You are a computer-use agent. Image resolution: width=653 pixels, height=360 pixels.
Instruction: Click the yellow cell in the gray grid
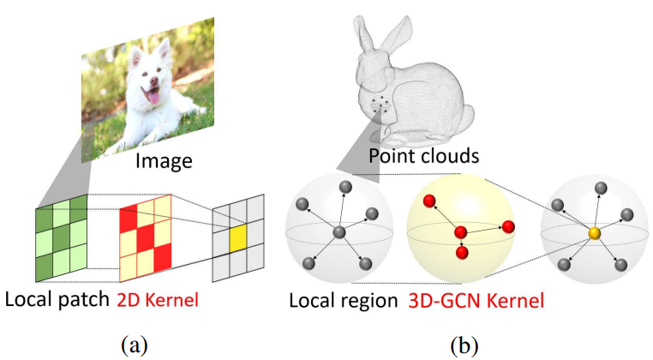tap(237, 233)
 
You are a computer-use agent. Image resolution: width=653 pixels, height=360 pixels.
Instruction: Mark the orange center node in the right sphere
tap(594, 233)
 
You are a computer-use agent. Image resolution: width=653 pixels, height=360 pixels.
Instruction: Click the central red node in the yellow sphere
tap(460, 232)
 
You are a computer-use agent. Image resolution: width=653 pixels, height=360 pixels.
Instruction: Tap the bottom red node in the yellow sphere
tap(462, 254)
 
